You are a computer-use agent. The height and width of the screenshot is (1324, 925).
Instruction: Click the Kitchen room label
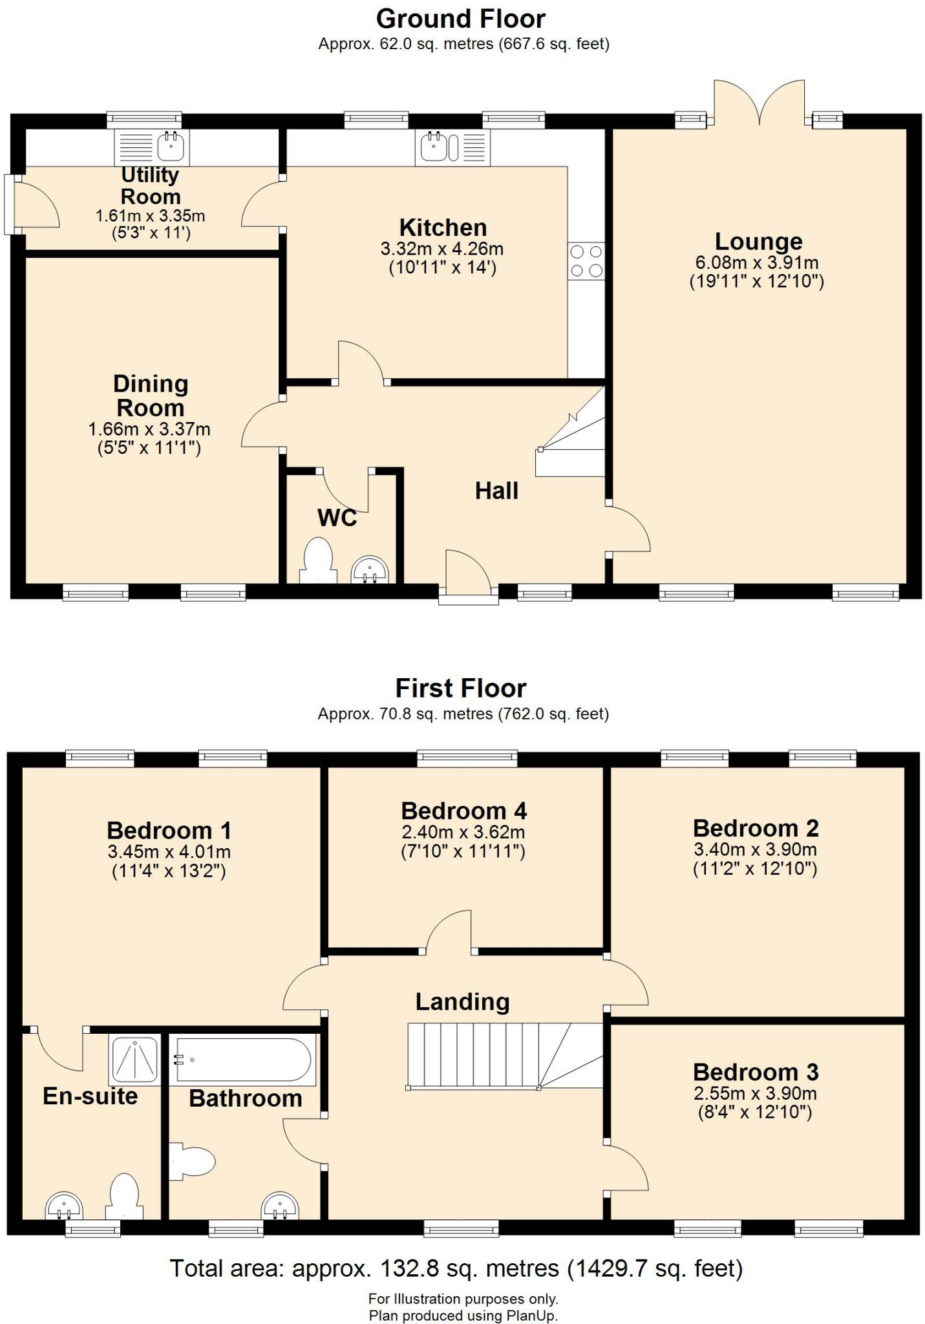[443, 228]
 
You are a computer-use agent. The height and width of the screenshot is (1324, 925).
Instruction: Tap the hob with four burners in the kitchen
[586, 261]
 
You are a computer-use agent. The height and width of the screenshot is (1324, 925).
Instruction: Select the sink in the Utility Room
[172, 146]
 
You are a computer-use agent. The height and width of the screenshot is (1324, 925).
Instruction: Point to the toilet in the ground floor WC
[317, 560]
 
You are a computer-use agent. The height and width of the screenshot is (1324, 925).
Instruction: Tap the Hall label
[496, 491]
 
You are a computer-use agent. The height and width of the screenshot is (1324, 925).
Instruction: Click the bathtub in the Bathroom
[244, 1060]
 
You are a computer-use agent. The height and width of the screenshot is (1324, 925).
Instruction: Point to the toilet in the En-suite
[123, 1197]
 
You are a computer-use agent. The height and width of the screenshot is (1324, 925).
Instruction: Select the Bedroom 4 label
[463, 810]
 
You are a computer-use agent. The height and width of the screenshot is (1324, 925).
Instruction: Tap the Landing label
[462, 1001]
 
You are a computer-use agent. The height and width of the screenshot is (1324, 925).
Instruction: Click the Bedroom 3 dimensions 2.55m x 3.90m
[755, 1094]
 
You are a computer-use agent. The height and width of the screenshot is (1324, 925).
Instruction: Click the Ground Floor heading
[461, 19]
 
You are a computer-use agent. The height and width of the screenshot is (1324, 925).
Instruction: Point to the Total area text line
[456, 1268]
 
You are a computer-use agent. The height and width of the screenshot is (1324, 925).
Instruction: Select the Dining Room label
[151, 396]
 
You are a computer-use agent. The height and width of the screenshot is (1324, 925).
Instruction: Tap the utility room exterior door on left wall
[9, 204]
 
